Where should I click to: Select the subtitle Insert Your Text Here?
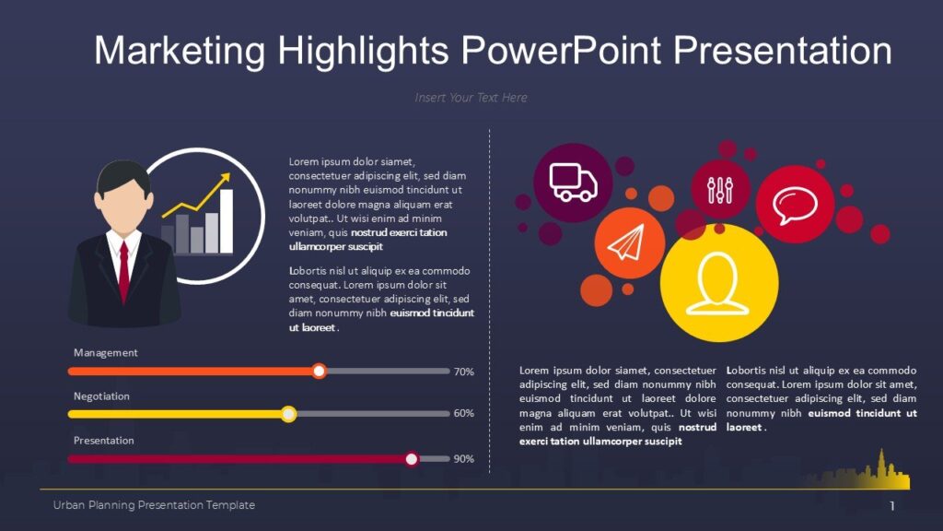click(471, 98)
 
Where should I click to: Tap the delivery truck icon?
click(572, 183)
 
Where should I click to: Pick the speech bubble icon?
click(794, 205)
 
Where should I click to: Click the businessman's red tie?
click(123, 272)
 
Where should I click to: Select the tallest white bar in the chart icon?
click(227, 221)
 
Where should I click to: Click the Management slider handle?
click(319, 371)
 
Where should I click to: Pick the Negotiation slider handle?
click(288, 414)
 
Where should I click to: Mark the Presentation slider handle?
click(412, 458)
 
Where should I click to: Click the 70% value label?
click(464, 372)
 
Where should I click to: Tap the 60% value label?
click(464, 414)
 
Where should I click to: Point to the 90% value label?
click(464, 458)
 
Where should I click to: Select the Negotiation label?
click(101, 396)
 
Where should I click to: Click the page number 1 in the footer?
click(891, 506)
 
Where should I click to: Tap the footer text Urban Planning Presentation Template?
click(154, 505)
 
